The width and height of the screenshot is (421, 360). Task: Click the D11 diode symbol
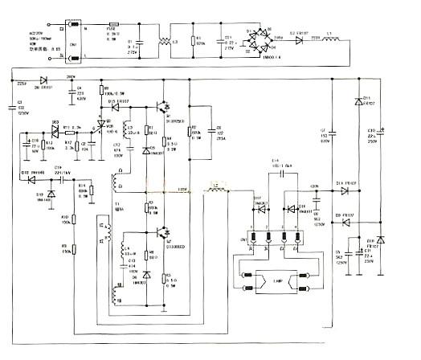357,102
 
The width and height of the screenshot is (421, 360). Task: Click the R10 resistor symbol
73,218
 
